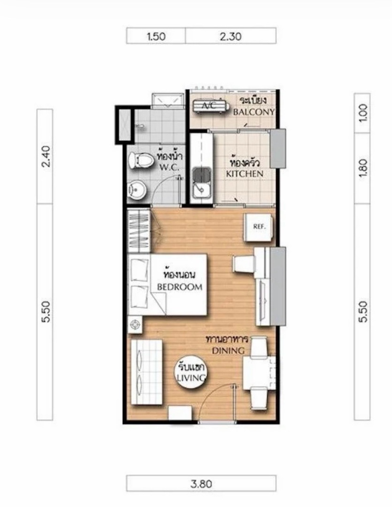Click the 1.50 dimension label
point(156,37)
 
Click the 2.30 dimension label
point(231,37)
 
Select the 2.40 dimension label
point(45,156)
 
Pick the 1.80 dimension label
point(362,168)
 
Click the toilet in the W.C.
point(141,160)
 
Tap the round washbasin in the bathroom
point(138,191)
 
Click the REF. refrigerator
point(258,227)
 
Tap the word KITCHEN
point(245,174)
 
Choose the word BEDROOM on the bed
point(180,287)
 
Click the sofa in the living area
point(146,372)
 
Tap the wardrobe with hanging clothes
point(139,231)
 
